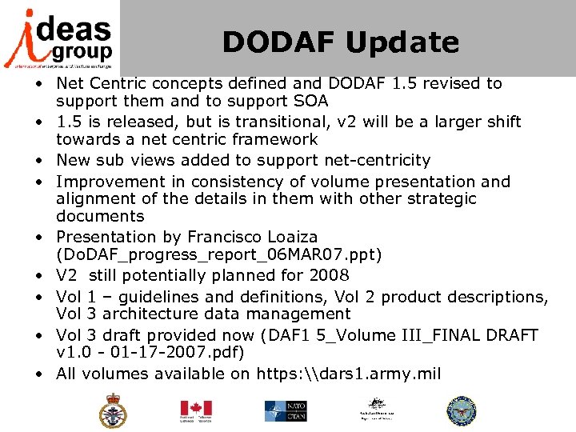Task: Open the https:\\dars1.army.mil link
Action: click(x=349, y=374)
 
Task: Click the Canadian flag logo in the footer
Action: click(x=196, y=410)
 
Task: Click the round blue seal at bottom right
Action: click(x=461, y=410)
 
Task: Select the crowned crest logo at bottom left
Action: click(x=112, y=410)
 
